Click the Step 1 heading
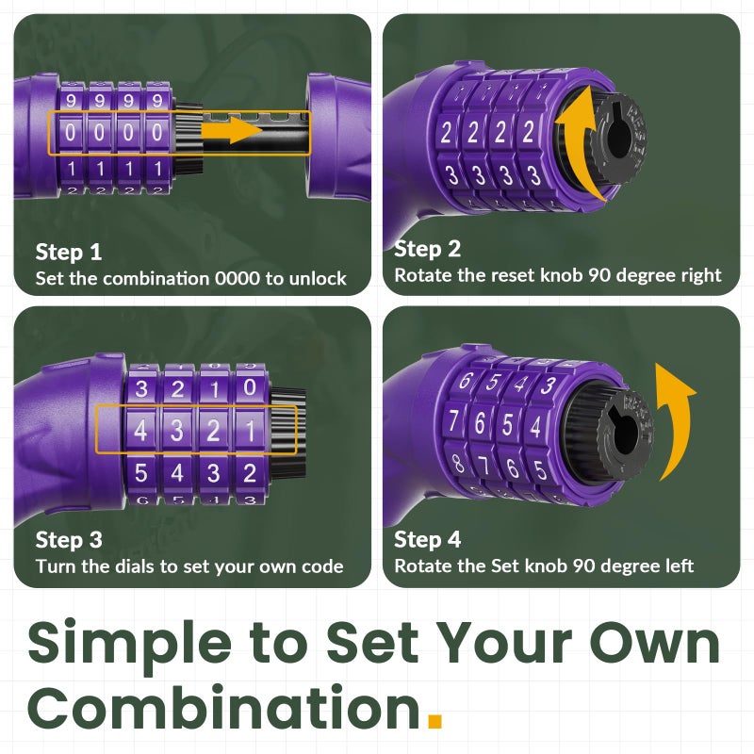click(68, 252)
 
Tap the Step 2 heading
click(427, 249)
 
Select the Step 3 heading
click(69, 539)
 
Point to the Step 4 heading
click(427, 539)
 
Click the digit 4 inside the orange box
click(140, 430)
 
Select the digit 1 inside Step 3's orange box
click(250, 431)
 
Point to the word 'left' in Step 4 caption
click(680, 566)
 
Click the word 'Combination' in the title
click(223, 706)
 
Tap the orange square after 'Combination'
click(434, 721)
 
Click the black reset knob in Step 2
click(618, 138)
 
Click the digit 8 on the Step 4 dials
click(457, 463)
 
